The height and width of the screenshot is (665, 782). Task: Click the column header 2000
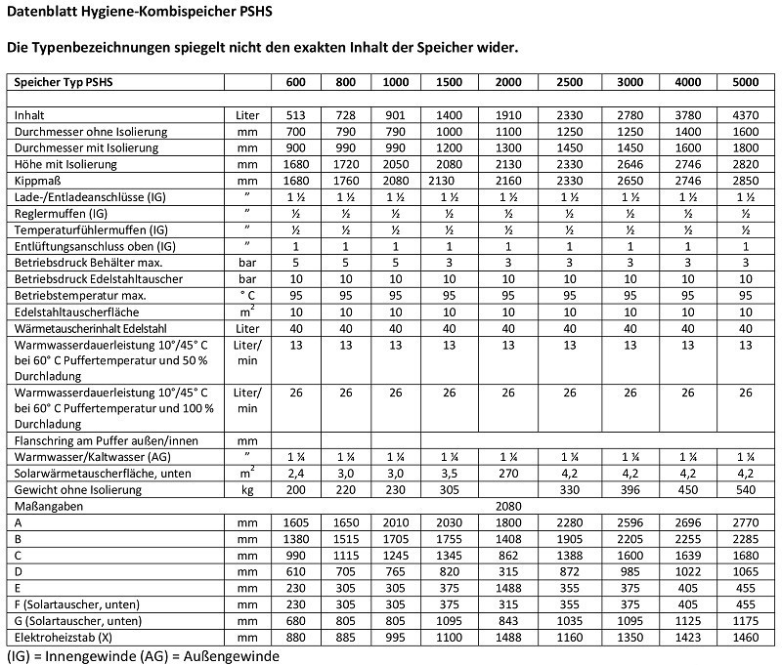pyautogui.click(x=508, y=82)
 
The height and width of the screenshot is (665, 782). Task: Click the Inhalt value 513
pyautogui.click(x=296, y=115)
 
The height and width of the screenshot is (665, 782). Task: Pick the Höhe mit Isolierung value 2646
pyautogui.click(x=632, y=165)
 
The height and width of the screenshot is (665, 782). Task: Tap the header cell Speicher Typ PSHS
pyautogui.click(x=58, y=82)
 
